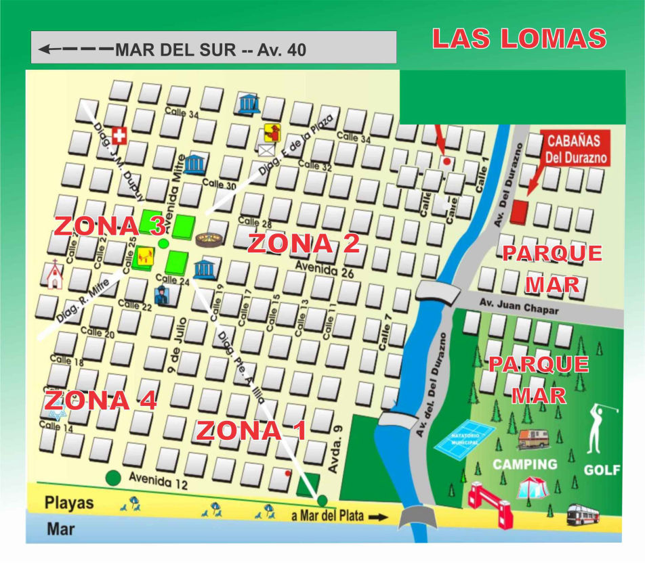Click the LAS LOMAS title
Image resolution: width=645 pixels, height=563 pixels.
[x=519, y=39]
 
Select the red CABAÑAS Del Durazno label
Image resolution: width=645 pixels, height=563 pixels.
[x=577, y=150]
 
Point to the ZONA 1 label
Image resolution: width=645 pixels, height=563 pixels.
[x=251, y=430]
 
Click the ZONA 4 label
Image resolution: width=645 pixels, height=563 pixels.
[x=100, y=400]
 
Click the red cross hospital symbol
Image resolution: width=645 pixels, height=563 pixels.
[x=119, y=136]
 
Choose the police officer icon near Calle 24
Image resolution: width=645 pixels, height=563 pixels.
[x=163, y=294]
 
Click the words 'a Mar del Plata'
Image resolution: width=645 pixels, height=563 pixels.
[x=327, y=516]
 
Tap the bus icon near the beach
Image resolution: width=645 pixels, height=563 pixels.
[x=583, y=514]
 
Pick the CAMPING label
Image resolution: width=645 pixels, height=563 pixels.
[x=524, y=464]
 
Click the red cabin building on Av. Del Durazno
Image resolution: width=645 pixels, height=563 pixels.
[x=518, y=212]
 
